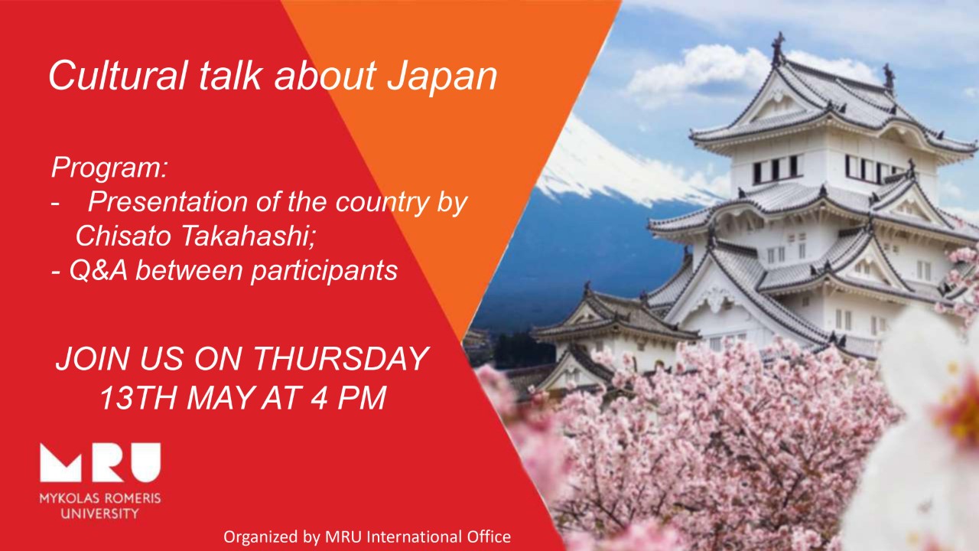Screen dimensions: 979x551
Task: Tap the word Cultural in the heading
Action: tap(118, 75)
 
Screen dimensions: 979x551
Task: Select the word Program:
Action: tap(109, 168)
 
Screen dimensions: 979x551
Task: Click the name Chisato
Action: tap(123, 236)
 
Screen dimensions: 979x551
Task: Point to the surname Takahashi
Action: tap(247, 236)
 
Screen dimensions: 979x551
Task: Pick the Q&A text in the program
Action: tap(99, 270)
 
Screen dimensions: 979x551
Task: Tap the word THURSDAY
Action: tap(341, 359)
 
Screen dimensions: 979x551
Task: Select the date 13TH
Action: tap(138, 397)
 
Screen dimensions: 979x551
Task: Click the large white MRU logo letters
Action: tap(100, 463)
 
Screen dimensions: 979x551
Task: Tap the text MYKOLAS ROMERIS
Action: tap(100, 498)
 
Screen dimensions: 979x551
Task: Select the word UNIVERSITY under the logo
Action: tap(100, 514)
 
